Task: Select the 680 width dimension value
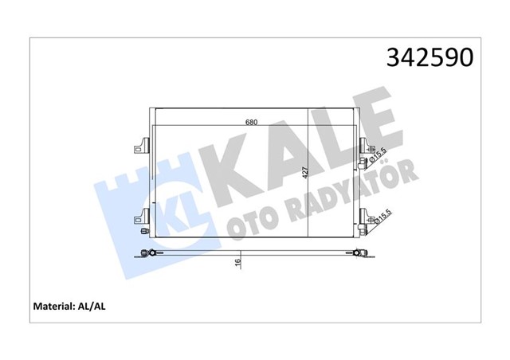click(x=251, y=123)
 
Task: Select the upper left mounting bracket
click(x=142, y=146)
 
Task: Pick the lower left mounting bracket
click(x=142, y=215)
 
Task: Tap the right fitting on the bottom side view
click(x=359, y=254)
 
